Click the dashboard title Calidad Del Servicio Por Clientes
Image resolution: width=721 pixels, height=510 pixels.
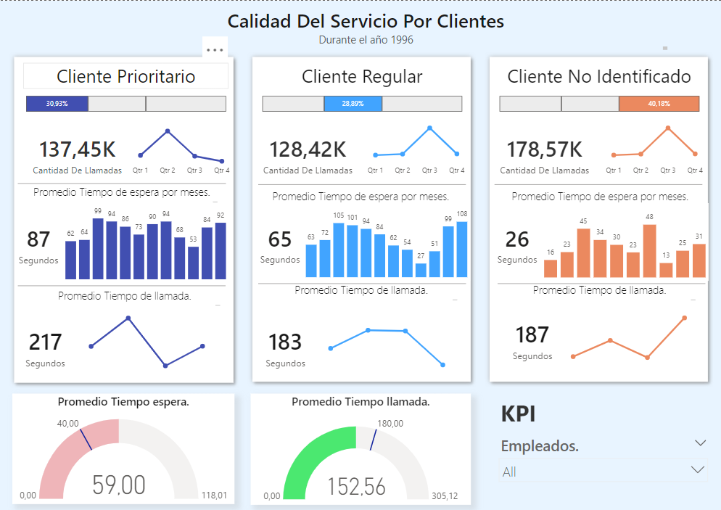[366, 21]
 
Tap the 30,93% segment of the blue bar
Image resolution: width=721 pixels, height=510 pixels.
[57, 104]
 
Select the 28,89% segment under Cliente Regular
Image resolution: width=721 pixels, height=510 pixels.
[353, 104]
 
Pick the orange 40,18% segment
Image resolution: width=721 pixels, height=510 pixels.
[659, 104]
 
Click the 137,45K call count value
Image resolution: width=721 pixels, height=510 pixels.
[77, 149]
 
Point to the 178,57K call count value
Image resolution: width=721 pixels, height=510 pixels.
[544, 149]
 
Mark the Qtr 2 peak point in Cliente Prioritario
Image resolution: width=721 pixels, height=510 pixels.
[168, 131]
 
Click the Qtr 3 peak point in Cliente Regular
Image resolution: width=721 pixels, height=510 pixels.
[429, 128]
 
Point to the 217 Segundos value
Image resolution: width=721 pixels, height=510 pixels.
[45, 342]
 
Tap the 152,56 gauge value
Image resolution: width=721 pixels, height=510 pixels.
[356, 487]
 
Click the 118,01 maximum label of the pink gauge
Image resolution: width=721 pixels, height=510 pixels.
[213, 496]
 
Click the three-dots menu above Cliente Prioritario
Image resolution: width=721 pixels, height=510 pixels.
[215, 50]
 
